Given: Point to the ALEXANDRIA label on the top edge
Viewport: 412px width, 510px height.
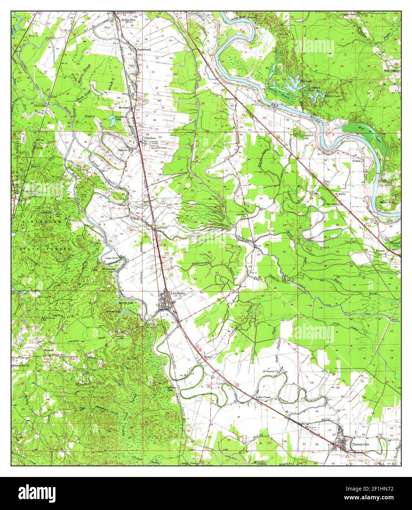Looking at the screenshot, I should (x=126, y=12).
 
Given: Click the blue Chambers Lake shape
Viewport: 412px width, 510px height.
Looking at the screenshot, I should (x=111, y=118).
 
